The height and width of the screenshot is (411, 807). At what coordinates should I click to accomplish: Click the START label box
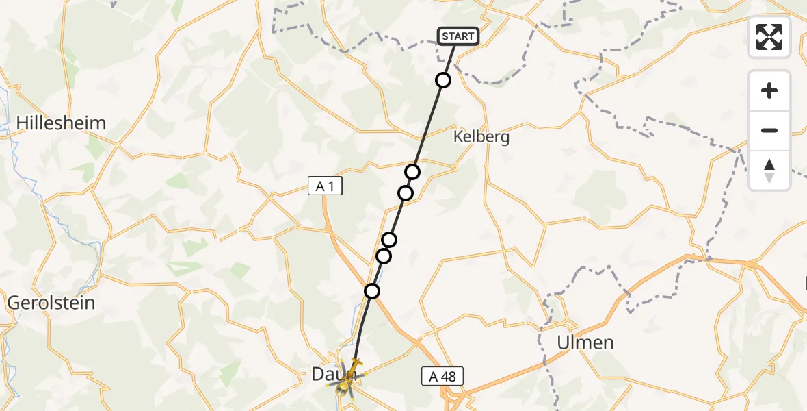pyautogui.click(x=457, y=36)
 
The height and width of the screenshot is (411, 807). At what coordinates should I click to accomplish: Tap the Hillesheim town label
pyautogui.click(x=61, y=123)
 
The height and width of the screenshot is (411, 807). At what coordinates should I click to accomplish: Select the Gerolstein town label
pyautogui.click(x=51, y=302)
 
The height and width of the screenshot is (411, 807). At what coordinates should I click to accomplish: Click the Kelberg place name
pyautogui.click(x=481, y=137)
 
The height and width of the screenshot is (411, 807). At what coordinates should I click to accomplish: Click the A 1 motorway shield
pyautogui.click(x=324, y=186)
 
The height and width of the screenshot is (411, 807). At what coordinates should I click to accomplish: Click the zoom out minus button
pyautogui.click(x=769, y=130)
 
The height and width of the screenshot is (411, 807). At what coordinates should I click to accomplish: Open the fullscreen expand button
pyautogui.click(x=769, y=37)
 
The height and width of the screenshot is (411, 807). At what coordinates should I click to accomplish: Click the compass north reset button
pyautogui.click(x=769, y=170)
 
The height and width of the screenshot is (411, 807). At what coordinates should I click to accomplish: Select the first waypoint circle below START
pyautogui.click(x=443, y=80)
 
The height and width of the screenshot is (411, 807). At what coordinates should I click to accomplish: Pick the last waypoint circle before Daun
pyautogui.click(x=371, y=291)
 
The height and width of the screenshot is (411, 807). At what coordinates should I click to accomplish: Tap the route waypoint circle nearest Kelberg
pyautogui.click(x=412, y=171)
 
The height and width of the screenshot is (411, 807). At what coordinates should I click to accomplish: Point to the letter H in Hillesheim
pyautogui.click(x=22, y=123)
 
